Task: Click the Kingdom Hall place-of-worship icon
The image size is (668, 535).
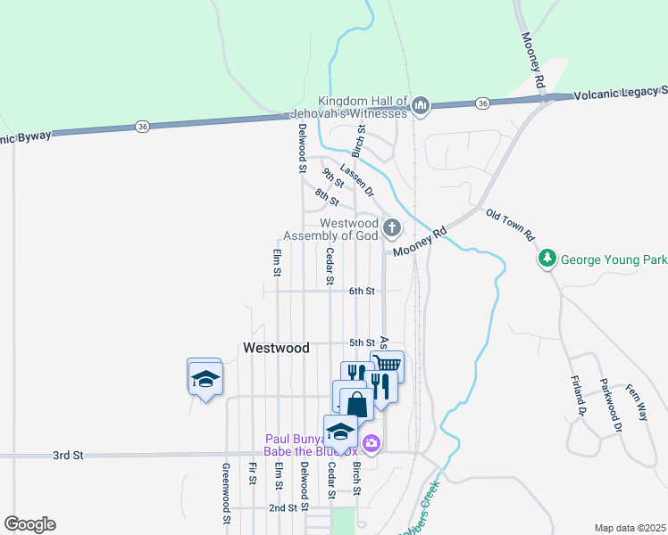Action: click(x=421, y=107)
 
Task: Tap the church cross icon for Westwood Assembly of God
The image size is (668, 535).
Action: click(x=391, y=228)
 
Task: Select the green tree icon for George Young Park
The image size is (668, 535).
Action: click(x=547, y=259)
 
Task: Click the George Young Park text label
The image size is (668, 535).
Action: click(x=614, y=260)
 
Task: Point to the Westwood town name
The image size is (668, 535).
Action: click(x=276, y=349)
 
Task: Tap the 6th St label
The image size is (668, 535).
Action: click(x=362, y=291)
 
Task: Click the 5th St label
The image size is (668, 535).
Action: click(x=362, y=342)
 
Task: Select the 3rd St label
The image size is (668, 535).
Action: click(x=67, y=455)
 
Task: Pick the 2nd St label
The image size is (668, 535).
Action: click(x=282, y=507)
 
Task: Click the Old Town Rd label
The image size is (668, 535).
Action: click(x=510, y=226)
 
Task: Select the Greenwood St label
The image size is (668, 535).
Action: click(x=227, y=492)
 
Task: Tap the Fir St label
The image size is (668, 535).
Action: click(x=254, y=473)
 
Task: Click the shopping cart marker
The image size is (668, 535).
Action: click(x=387, y=365)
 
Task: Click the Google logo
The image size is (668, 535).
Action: click(x=29, y=524)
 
